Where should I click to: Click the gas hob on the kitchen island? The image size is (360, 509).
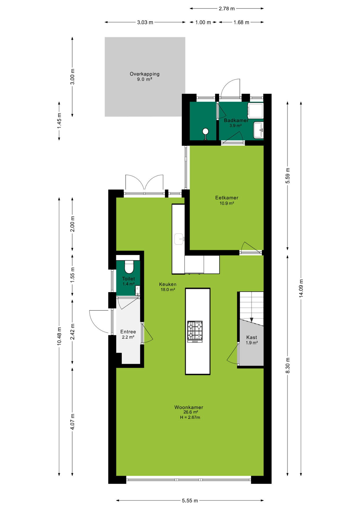(195, 331)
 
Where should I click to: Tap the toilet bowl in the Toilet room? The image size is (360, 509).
(129, 267)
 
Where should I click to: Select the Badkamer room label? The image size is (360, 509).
(236, 120)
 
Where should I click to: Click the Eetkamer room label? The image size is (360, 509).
(227, 198)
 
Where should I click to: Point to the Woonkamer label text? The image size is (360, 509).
(189, 407)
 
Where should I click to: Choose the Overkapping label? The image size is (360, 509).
(144, 74)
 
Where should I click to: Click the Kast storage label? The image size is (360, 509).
(252, 337)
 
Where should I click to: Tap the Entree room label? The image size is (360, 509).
(128, 332)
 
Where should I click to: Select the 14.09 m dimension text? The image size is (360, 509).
(301, 288)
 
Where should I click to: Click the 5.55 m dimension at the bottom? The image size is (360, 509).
(190, 501)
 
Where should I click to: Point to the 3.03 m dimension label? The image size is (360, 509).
(145, 22)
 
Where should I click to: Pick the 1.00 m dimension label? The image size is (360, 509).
(203, 22)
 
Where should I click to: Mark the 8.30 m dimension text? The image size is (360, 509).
(288, 365)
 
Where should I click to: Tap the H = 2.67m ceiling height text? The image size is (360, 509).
(190, 417)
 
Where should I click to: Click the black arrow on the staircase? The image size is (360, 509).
(252, 320)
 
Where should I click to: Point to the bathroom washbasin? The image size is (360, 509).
(258, 130)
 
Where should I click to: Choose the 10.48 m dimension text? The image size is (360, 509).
(59, 336)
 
